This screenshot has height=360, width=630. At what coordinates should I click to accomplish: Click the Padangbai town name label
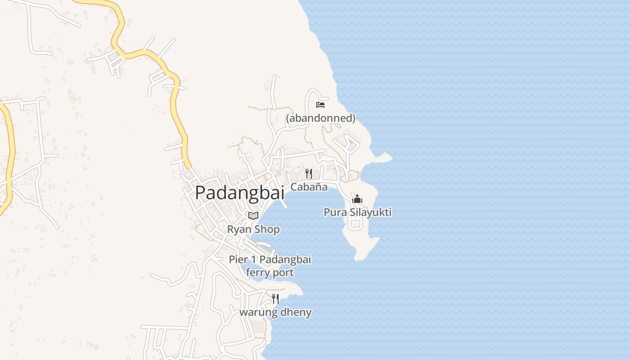(x=239, y=193)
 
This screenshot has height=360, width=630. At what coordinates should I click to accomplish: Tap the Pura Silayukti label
(x=358, y=212)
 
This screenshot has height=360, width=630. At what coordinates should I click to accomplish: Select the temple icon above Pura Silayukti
(x=357, y=198)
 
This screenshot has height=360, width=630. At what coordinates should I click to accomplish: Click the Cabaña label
(x=309, y=187)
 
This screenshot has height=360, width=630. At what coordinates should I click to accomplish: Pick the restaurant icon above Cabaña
(x=309, y=173)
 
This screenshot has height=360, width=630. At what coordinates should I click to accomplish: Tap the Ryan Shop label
(x=253, y=229)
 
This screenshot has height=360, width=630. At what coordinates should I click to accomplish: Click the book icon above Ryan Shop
(x=253, y=216)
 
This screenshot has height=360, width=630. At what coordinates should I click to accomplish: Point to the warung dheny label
(x=275, y=312)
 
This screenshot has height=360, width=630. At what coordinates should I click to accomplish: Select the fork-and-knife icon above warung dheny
(x=275, y=298)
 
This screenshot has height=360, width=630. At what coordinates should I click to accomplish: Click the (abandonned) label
(x=321, y=118)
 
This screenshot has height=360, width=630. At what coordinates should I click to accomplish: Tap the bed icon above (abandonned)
(x=320, y=104)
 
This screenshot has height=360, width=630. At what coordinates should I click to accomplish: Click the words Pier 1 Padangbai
(x=270, y=259)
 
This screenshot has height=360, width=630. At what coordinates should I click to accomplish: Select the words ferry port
(x=270, y=272)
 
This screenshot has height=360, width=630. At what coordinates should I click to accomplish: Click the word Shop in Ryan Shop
(x=267, y=229)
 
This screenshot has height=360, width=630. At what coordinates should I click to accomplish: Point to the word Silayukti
(x=370, y=212)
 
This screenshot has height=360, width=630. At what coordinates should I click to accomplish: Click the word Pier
(x=238, y=259)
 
